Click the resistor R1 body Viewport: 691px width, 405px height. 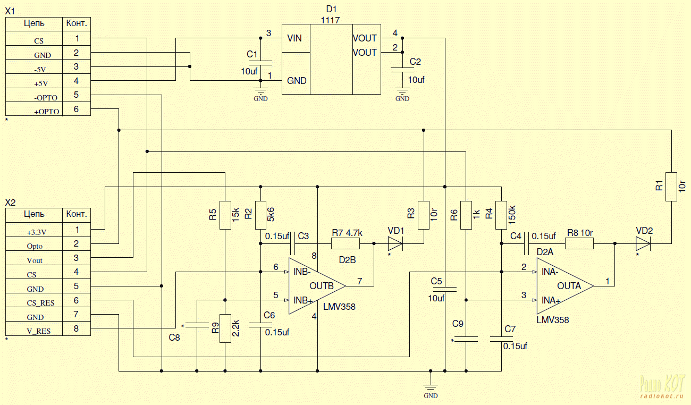coord(671,187)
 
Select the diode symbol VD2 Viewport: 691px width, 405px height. coord(643,243)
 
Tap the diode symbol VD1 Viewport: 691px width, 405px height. coord(395,243)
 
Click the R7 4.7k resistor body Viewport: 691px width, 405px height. coord(345,243)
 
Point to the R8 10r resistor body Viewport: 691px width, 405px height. coord(579,243)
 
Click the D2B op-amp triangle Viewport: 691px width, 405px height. coord(317,286)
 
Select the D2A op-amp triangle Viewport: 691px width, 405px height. coord(565,286)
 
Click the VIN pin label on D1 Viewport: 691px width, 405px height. coord(294,38)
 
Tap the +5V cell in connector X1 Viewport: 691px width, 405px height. coord(34,81)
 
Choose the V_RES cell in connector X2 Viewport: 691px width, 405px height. coord(34,328)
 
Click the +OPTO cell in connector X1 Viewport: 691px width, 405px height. coord(34,109)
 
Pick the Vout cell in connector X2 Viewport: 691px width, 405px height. coord(34,258)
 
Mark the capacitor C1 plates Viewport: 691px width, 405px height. coord(260,63)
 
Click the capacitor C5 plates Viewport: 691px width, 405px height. coord(445,289)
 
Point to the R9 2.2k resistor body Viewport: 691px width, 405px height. coord(225,328)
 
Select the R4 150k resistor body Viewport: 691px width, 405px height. coord(501,215)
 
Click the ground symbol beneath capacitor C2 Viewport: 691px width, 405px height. coord(402,91)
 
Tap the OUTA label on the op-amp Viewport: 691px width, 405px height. coord(569,286)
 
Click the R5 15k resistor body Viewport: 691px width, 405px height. coord(225,215)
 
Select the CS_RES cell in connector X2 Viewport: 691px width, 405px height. coord(34,300)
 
